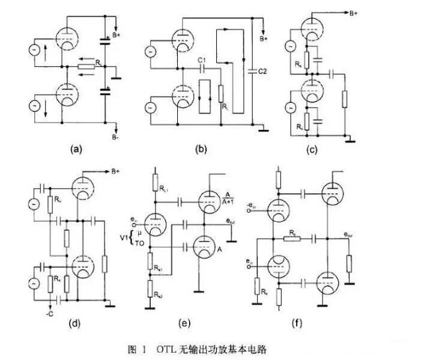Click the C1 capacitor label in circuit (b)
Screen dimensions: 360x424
202,59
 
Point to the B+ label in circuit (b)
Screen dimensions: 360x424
264,39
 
